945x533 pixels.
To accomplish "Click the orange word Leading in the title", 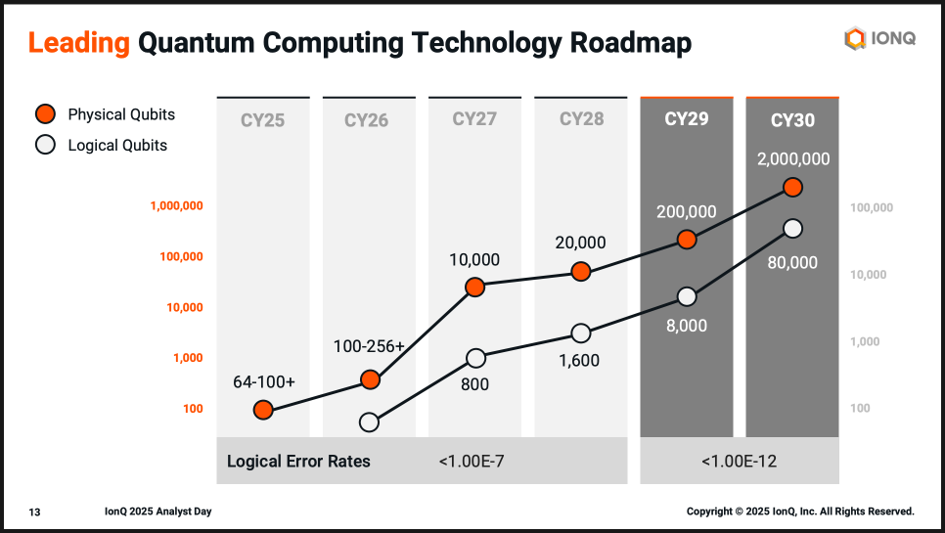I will coord(78,42).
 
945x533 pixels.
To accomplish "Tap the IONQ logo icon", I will coord(855,39).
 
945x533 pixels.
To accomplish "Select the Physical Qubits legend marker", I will coord(45,114).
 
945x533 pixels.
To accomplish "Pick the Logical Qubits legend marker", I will coord(45,146).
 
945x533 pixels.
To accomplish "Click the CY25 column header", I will coord(262,121).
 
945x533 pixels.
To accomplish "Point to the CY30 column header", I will coord(792,121).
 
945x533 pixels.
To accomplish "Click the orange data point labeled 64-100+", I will coord(263,410).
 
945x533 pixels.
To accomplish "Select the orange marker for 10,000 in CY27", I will coord(474,287).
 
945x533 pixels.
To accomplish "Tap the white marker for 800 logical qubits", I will coord(475,358).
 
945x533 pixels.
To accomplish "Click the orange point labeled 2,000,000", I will coord(792,187).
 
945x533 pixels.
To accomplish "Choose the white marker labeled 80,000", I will coord(792,228).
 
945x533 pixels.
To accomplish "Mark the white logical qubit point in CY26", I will coord(369,422).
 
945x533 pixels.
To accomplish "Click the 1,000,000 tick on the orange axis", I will coord(176,206).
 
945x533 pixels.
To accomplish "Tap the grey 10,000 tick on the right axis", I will coord(868,275).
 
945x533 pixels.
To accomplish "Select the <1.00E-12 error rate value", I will coord(739,461).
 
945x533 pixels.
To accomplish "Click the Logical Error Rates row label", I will coord(298,461).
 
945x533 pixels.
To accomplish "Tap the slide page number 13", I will coord(34,511).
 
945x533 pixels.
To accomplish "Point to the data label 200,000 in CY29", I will coord(686,211).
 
